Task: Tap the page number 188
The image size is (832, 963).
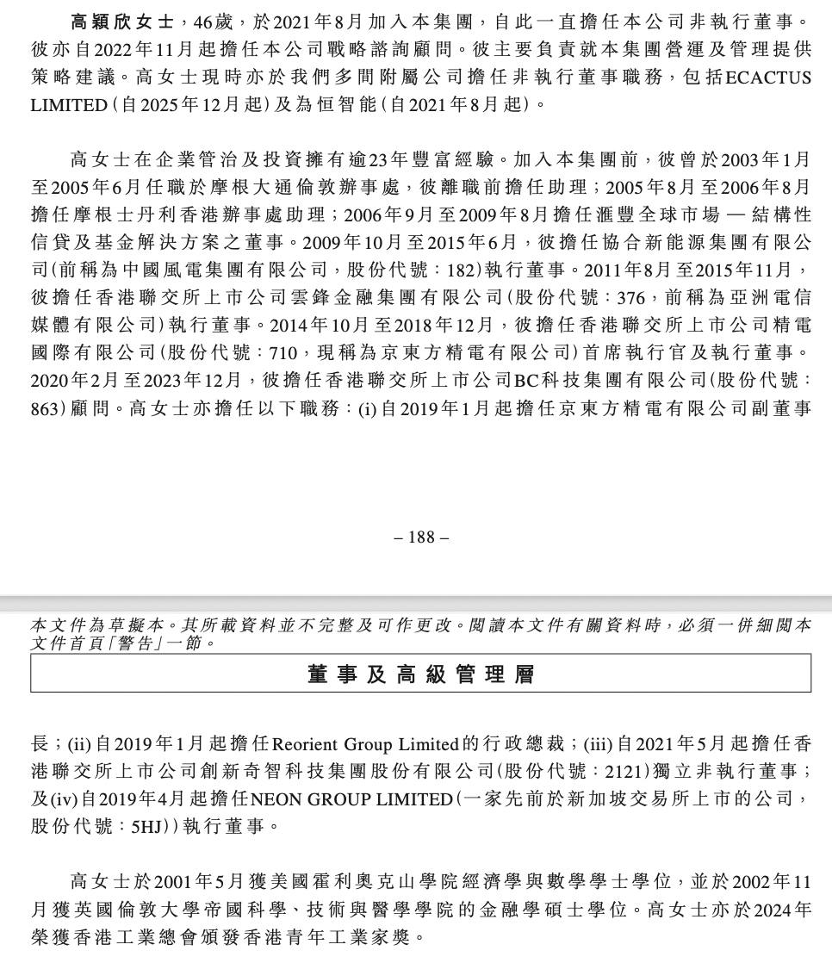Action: coord(421,537)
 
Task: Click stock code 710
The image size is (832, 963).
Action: coord(282,352)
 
